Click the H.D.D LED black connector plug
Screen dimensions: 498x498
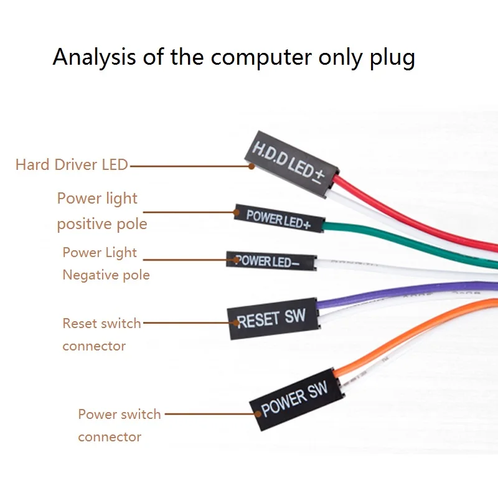click(x=291, y=164)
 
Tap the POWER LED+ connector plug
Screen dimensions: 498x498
click(x=279, y=218)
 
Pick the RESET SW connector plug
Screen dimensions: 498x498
click(x=273, y=319)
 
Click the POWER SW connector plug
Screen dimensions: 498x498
click(x=297, y=400)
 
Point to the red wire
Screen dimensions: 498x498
click(x=413, y=219)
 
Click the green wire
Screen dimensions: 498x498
click(x=410, y=242)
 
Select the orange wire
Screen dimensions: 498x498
click(x=413, y=334)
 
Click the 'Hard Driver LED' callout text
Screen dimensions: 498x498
click(x=72, y=164)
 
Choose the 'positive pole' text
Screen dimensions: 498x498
click(x=102, y=224)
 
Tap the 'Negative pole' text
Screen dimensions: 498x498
click(x=106, y=275)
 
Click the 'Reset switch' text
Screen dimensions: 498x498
click(x=101, y=323)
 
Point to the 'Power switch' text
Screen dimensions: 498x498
click(x=120, y=414)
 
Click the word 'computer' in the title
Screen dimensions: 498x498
click(x=261, y=58)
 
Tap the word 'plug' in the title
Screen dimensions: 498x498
click(x=392, y=59)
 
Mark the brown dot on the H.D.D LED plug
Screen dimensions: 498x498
click(x=251, y=166)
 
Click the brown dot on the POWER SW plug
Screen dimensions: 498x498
click(x=258, y=414)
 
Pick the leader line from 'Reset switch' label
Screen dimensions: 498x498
click(x=189, y=322)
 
